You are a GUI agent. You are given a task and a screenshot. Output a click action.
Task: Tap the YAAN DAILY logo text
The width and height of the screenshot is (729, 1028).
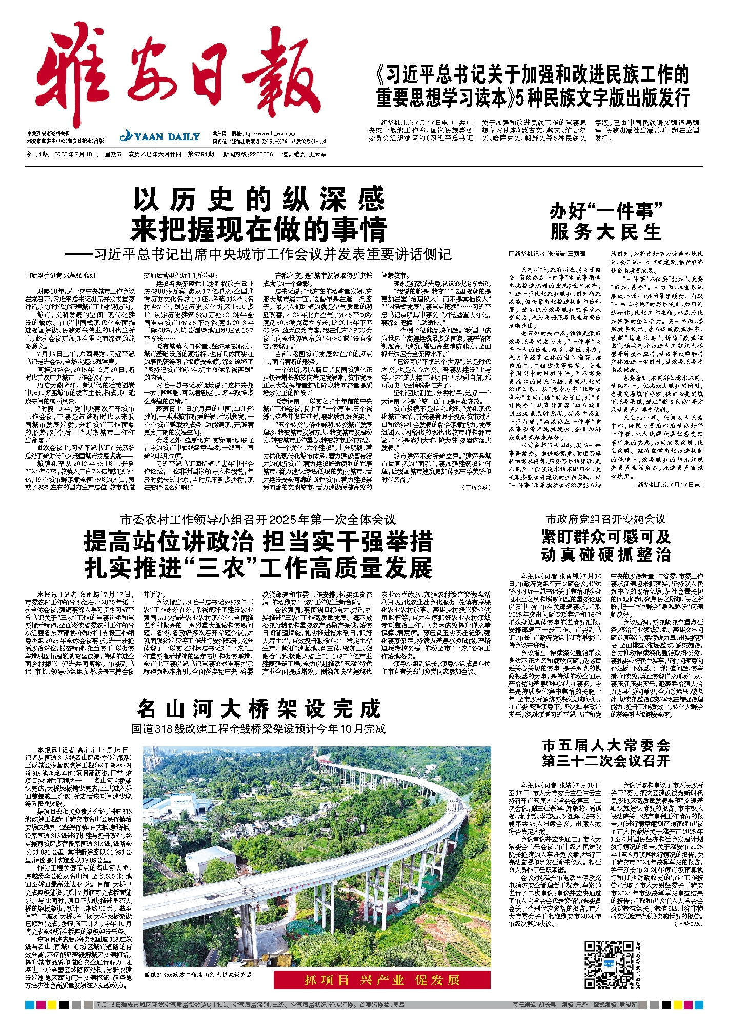tap(160, 136)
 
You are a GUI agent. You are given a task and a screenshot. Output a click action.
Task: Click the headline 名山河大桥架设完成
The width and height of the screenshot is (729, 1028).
tap(259, 709)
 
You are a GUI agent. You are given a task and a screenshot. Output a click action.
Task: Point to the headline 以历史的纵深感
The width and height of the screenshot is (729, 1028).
tap(259, 200)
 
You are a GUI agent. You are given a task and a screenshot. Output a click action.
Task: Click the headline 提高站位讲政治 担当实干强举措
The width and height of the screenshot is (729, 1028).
tap(259, 541)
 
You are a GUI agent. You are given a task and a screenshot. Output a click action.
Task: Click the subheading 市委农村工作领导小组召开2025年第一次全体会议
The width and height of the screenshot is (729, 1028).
tap(259, 520)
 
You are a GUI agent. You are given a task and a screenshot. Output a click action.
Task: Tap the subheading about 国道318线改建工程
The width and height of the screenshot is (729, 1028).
tap(259, 729)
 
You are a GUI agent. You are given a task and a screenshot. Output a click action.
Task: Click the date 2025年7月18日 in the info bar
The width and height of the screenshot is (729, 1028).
tap(76, 154)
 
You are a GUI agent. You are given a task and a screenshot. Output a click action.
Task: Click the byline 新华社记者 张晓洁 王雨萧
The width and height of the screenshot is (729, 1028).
tap(546, 254)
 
